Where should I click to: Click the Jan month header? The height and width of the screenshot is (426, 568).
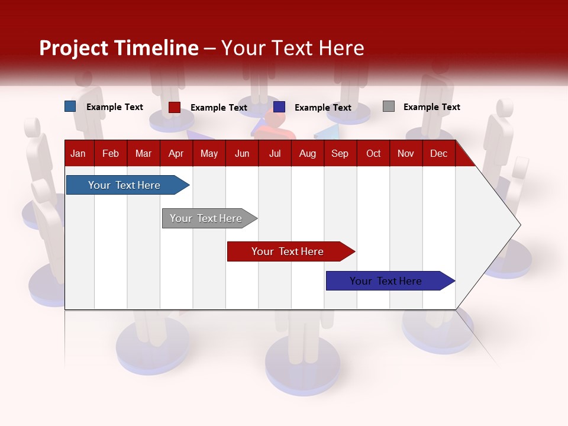tap(78, 153)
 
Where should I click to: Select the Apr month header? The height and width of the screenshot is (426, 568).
tap(176, 153)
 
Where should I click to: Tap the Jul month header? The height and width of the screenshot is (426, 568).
tap(275, 153)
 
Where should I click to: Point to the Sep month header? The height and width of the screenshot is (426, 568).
tap(340, 153)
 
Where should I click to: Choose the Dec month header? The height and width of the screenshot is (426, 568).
tap(438, 153)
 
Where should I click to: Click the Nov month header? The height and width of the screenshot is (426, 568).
tap(406, 153)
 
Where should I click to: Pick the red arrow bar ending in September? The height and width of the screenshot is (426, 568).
tap(288, 251)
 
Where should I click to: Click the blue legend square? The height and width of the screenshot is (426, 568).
tap(70, 106)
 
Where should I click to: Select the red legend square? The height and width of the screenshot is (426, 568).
tap(175, 107)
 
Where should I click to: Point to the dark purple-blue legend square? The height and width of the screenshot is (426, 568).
tap(279, 107)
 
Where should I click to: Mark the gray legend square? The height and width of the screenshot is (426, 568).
tap(389, 106)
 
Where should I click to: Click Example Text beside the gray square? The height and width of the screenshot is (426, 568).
tap(431, 107)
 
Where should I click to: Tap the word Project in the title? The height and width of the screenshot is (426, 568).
tap(74, 48)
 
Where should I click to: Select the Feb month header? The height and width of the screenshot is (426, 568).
tap(111, 153)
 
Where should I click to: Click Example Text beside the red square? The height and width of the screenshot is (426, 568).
tap(218, 108)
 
